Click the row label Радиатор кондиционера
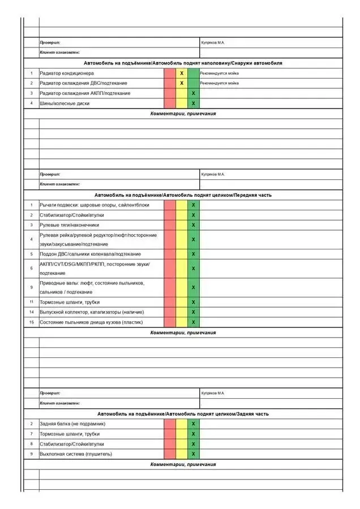click(x=67, y=74)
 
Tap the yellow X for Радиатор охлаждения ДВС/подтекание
click(x=182, y=83)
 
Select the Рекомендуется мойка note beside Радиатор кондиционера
click(x=219, y=74)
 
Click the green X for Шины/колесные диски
click(x=194, y=103)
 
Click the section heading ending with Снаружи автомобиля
click(x=183, y=63)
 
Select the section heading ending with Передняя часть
click(x=183, y=195)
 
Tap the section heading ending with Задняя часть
click(x=183, y=414)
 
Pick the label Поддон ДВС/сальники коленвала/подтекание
click(x=90, y=254)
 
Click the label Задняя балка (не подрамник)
click(x=72, y=424)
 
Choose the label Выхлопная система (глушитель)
click(x=76, y=454)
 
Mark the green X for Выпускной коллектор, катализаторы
click(x=194, y=312)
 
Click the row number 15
click(x=32, y=322)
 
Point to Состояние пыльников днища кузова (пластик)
click(x=91, y=322)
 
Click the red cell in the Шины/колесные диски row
click(x=170, y=103)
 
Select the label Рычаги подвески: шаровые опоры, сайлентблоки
click(x=95, y=205)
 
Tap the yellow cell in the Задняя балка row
click(x=182, y=424)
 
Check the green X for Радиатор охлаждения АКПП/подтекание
click(x=194, y=93)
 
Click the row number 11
click(x=32, y=302)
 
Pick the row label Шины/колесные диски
click(x=65, y=103)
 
